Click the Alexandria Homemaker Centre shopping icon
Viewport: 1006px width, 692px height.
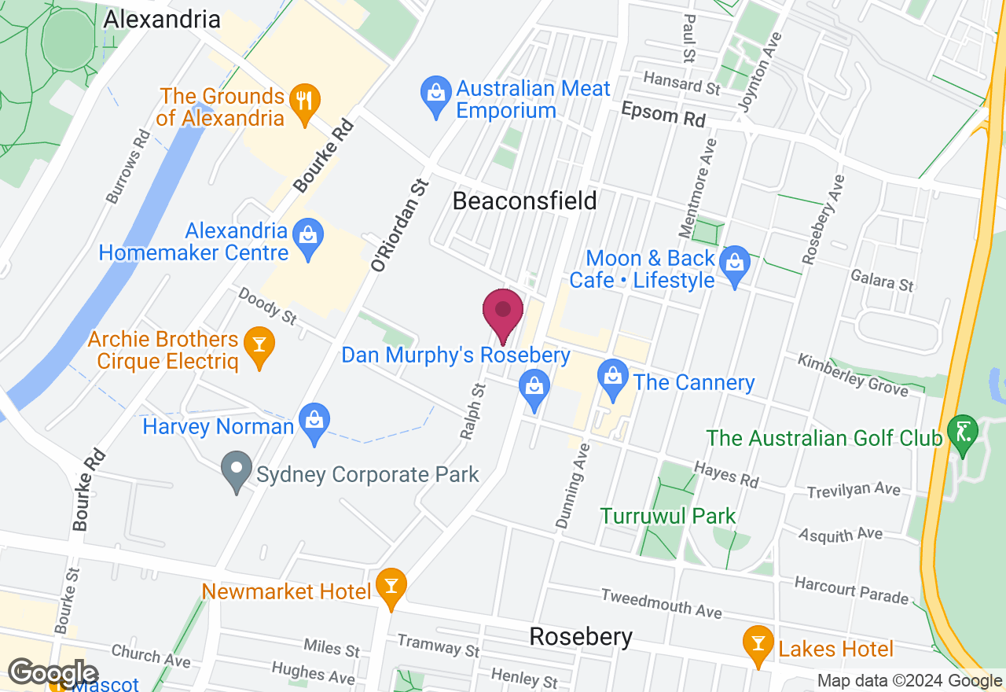(x=307, y=239)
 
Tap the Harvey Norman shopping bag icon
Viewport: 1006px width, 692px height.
(x=314, y=423)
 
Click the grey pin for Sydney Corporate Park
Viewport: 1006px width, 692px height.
(x=236, y=470)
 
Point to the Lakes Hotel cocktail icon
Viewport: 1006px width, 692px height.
(x=758, y=645)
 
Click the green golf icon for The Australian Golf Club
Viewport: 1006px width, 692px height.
(x=963, y=434)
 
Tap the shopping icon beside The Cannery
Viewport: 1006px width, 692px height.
(x=613, y=377)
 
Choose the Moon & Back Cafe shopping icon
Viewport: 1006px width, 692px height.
(x=735, y=264)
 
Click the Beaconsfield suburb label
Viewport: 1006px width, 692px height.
(x=524, y=201)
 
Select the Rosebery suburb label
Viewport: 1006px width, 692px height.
(x=581, y=636)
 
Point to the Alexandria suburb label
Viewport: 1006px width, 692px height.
(x=162, y=19)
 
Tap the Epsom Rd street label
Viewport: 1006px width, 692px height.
(x=663, y=115)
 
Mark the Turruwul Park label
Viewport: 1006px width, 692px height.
(x=668, y=517)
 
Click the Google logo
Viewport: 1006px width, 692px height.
(x=53, y=673)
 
